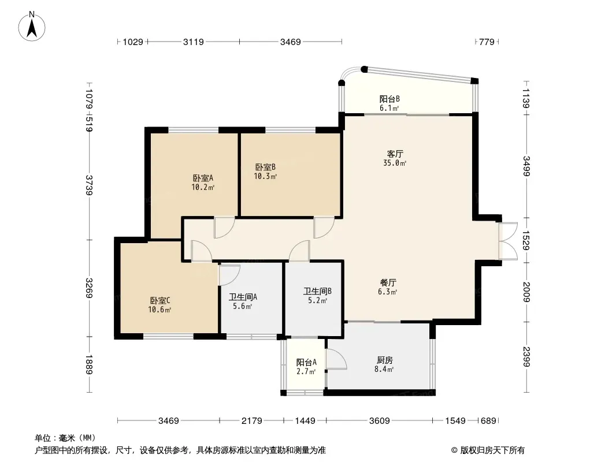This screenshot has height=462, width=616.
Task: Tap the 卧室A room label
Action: (203, 178)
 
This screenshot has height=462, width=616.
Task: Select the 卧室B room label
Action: (265, 167)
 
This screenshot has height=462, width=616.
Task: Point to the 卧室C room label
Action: (160, 301)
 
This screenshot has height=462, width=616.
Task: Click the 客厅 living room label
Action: (395, 154)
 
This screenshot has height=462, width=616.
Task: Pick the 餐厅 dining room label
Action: (388, 282)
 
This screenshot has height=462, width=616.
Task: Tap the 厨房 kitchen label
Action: (385, 360)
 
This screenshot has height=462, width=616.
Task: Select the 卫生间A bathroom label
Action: (243, 297)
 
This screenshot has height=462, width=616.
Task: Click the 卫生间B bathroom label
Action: (317, 291)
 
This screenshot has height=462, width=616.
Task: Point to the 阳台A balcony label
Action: (306, 362)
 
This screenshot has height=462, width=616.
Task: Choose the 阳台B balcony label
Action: (389, 99)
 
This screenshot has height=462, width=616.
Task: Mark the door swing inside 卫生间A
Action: (229, 275)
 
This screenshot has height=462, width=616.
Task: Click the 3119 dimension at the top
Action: (193, 42)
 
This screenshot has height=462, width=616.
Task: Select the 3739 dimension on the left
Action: (89, 185)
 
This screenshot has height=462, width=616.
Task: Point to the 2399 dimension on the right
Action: (526, 357)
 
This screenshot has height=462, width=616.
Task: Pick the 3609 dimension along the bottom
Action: (380, 421)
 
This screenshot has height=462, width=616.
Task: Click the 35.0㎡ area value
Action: (395, 163)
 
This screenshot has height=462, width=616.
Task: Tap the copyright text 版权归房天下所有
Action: (492, 450)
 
